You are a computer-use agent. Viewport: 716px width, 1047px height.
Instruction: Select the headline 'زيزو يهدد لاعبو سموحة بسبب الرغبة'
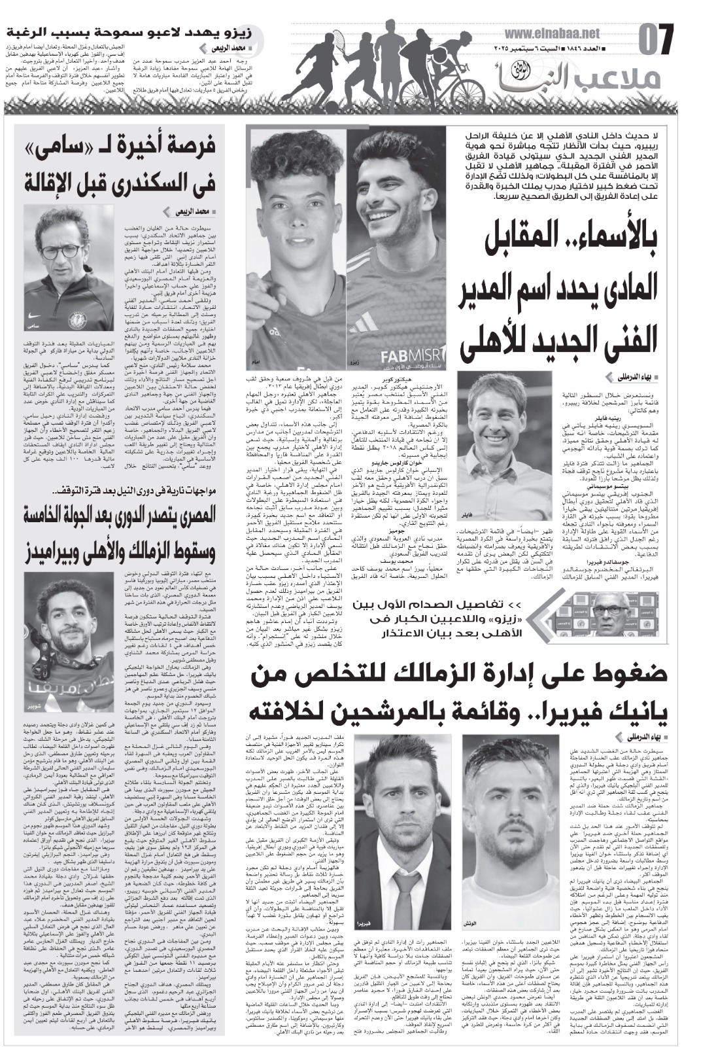point(124,31)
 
